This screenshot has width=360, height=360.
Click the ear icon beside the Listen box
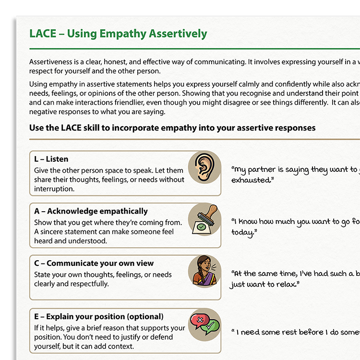point(204,167)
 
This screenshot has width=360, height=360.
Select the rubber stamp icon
point(204,219)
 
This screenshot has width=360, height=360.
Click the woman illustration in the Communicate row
point(204,271)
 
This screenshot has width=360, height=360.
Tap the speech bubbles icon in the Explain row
point(204,324)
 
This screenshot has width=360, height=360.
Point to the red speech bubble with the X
point(198,319)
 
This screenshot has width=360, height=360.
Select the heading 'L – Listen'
point(51,159)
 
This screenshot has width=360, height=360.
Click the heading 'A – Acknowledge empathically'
point(91,211)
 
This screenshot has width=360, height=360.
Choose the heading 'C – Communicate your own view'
point(94,264)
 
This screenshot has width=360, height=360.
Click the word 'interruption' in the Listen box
point(54,189)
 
